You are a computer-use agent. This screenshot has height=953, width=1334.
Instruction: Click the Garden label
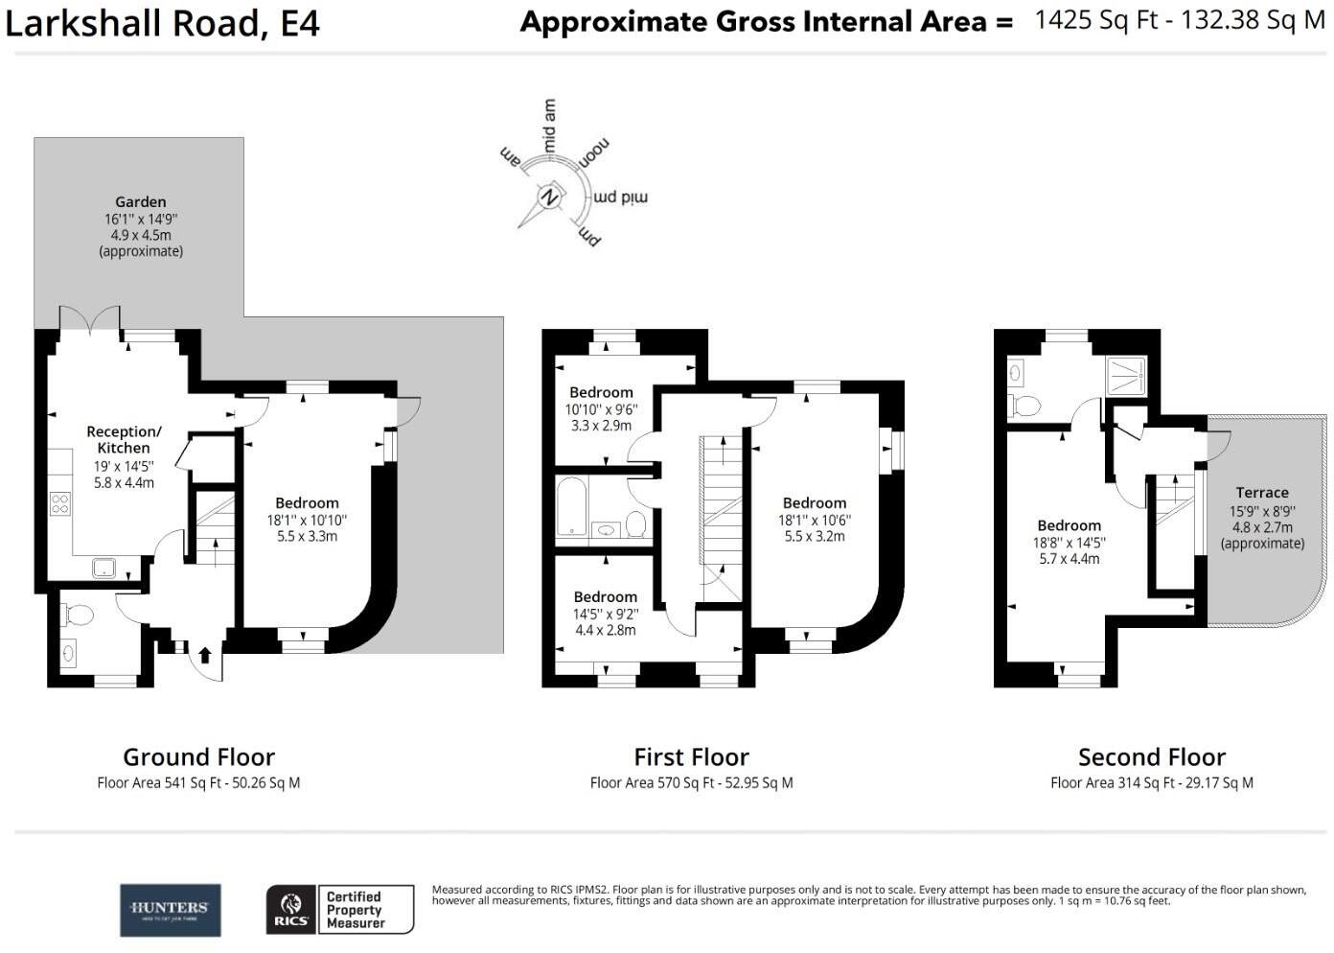tap(141, 202)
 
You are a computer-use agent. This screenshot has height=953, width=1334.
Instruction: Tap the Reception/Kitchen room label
tap(124, 439)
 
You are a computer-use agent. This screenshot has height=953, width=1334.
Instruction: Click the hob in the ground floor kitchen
tap(59, 502)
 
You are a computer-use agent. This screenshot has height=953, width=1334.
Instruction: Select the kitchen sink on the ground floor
tap(103, 568)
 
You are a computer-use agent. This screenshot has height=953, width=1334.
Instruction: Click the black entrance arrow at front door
tap(204, 656)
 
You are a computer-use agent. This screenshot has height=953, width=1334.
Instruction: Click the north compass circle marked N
tap(550, 197)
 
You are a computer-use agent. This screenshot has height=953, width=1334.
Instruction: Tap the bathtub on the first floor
tap(572, 508)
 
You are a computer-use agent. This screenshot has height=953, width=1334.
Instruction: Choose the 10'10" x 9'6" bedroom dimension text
tap(601, 408)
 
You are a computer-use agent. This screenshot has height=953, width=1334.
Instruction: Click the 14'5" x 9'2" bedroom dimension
tap(605, 614)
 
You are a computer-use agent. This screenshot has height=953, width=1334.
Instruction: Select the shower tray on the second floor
tap(1126, 375)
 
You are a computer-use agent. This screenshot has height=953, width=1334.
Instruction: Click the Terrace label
tap(1261, 493)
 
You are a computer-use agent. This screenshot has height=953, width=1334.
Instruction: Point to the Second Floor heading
tap(1151, 757)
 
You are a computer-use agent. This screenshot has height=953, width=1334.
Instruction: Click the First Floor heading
tap(691, 757)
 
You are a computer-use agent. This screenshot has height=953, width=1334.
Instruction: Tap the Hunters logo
tap(170, 910)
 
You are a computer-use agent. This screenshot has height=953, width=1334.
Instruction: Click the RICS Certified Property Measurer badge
tap(339, 910)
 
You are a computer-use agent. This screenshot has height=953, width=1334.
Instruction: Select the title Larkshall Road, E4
tap(162, 24)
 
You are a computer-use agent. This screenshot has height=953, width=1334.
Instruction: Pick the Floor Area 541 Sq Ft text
tap(198, 783)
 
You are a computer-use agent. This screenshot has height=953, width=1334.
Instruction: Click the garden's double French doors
tap(90, 321)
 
